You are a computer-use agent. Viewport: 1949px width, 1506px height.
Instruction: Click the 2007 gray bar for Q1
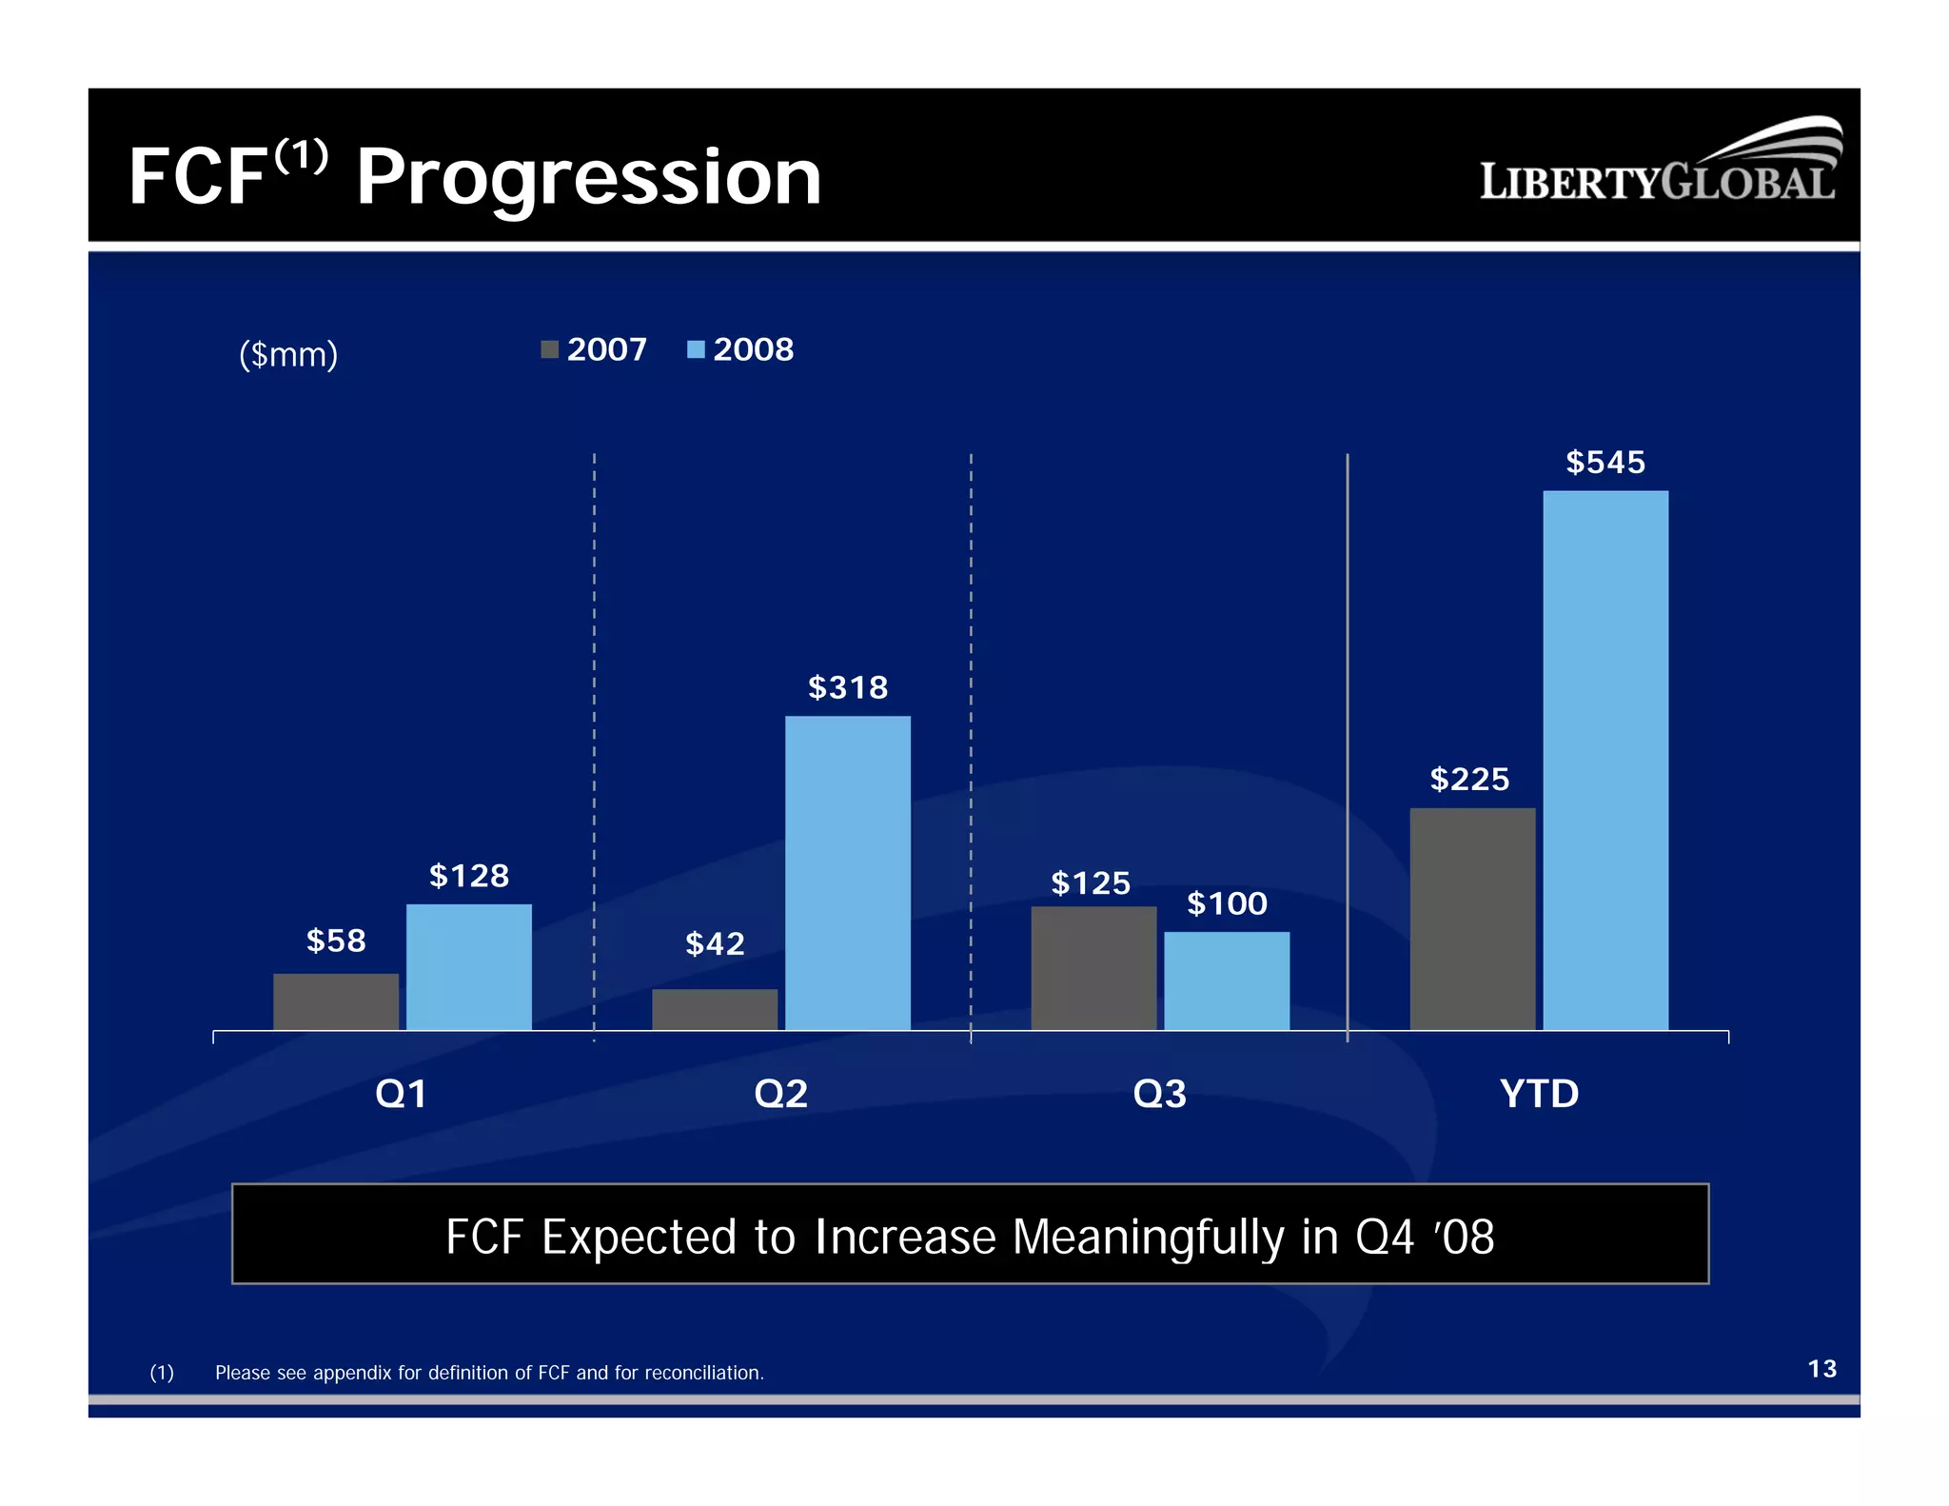(335, 1001)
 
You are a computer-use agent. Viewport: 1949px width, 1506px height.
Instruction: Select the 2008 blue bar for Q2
(847, 872)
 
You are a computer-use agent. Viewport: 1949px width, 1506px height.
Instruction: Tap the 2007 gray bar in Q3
(1093, 967)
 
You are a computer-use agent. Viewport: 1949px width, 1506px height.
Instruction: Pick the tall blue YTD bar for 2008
(1604, 760)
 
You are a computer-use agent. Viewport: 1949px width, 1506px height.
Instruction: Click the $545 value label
(1604, 463)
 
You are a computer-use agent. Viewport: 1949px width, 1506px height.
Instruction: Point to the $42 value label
(715, 944)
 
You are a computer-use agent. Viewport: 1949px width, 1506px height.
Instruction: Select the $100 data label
(1227, 903)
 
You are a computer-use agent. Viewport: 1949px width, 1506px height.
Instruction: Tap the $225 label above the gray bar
(1469, 780)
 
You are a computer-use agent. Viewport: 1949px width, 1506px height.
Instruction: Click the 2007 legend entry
(595, 349)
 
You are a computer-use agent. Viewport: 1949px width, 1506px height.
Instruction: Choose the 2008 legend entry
(741, 349)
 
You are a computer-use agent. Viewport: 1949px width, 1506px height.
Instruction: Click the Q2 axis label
(780, 1094)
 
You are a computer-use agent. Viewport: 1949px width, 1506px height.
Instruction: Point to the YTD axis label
(1539, 1094)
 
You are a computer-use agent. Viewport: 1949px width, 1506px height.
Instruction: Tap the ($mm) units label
(288, 354)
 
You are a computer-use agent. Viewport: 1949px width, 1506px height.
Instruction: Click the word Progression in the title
(588, 178)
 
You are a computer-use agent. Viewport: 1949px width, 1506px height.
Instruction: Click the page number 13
(1821, 1369)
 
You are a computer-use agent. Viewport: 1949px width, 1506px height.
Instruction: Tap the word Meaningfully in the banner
(1148, 1237)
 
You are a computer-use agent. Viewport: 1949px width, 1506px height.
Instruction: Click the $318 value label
(847, 687)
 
